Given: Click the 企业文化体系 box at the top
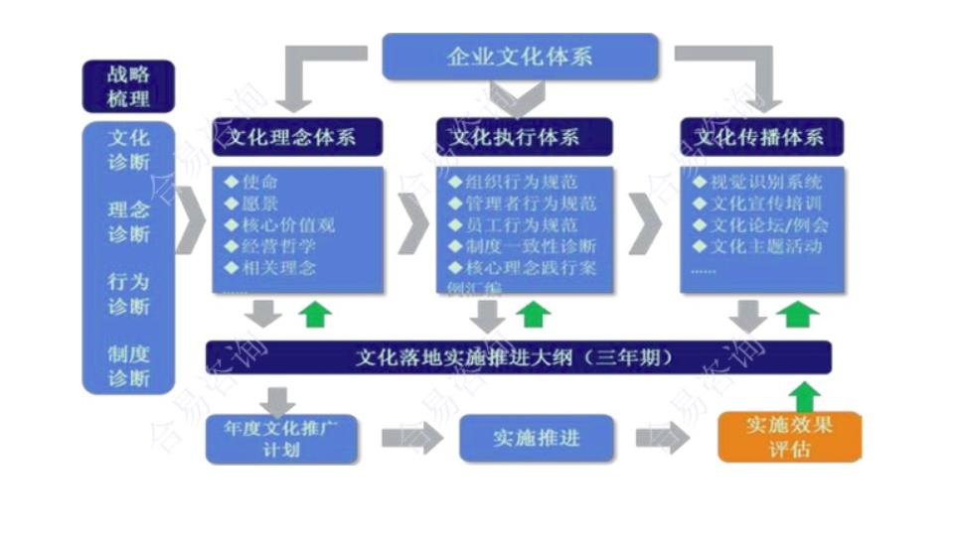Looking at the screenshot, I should tap(520, 57).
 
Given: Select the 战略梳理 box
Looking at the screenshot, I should tap(128, 86).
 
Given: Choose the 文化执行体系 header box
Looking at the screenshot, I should tap(524, 137).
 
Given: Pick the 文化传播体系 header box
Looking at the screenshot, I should tap(761, 137).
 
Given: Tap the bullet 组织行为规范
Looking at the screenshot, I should tap(521, 183).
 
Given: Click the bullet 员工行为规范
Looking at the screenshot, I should tap(521, 225).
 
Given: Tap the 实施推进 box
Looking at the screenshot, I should tap(536, 438).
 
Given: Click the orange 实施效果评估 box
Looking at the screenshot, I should tap(789, 437).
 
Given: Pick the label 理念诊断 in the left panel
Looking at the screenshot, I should tap(128, 221).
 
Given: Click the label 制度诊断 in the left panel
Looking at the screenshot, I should tap(128, 365).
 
